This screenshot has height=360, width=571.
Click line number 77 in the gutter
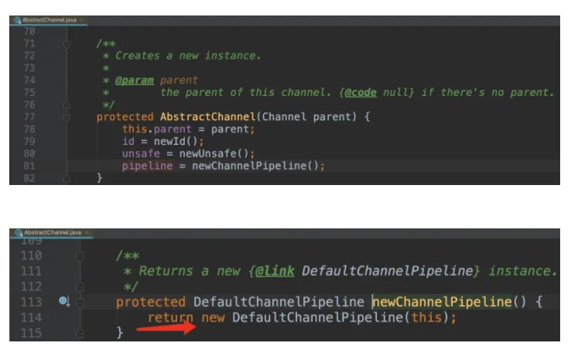[29, 117]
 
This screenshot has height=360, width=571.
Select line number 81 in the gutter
[29, 166]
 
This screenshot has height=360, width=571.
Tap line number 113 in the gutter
[31, 302]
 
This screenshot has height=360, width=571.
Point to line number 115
[31, 332]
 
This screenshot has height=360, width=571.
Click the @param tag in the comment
[135, 80]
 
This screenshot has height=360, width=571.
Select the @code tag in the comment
[361, 92]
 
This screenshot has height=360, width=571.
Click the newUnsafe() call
[210, 154]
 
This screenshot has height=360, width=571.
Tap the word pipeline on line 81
[148, 166]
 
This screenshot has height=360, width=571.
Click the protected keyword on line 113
[151, 302]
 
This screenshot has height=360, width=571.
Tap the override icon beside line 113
[64, 301]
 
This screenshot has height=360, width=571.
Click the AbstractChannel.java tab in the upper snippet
[46, 19]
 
